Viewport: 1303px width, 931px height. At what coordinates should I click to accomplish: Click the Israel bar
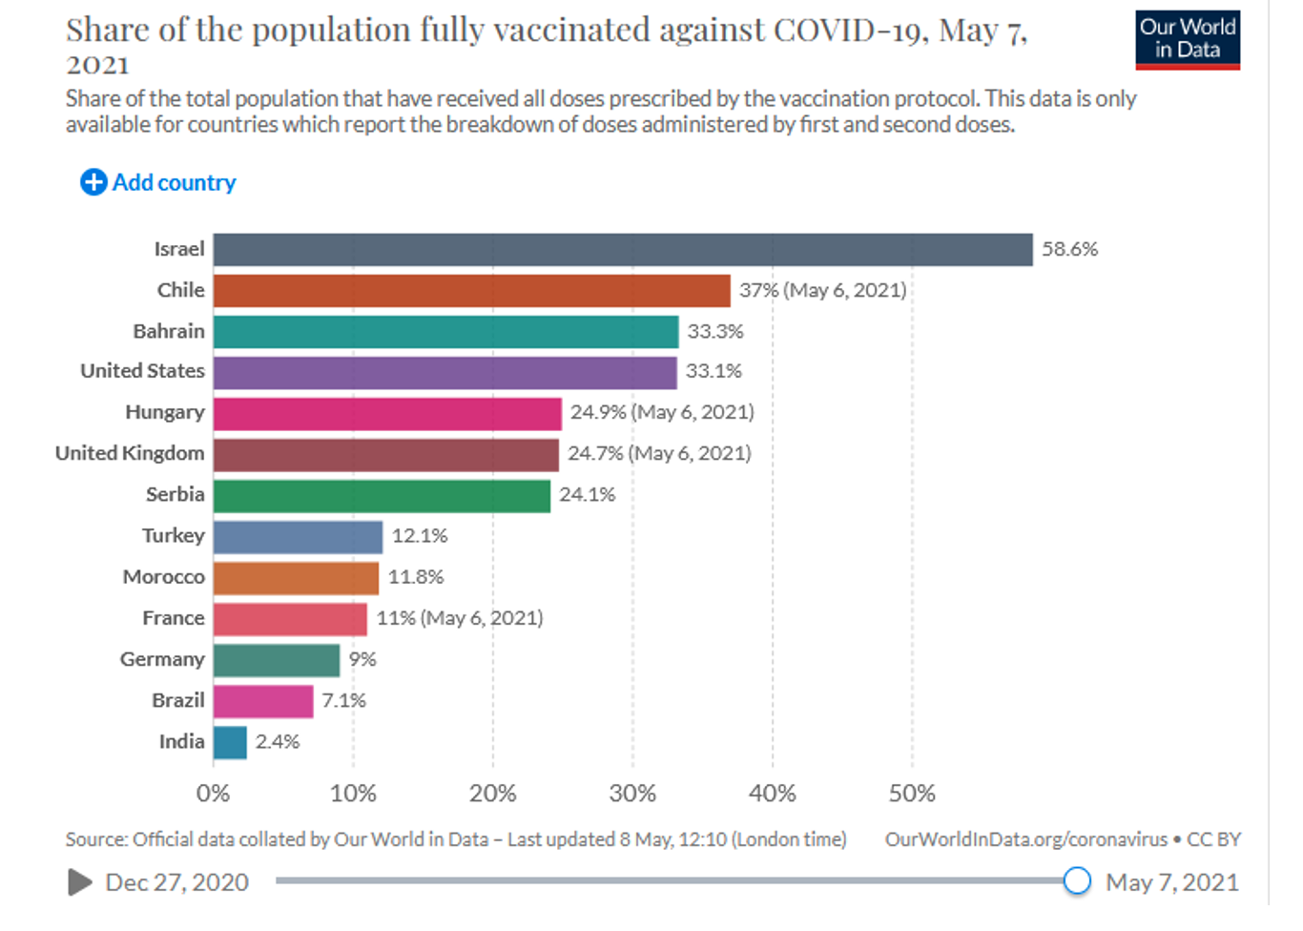[x=622, y=250]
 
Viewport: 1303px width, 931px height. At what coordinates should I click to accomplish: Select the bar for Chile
[x=471, y=291]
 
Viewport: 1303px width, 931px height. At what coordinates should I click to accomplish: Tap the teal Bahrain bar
[x=445, y=332]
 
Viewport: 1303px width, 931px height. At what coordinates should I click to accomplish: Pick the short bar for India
[x=230, y=742]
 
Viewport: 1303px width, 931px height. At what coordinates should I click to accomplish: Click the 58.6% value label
[x=1069, y=250]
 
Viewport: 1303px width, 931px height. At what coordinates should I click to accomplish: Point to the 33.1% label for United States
[x=714, y=371]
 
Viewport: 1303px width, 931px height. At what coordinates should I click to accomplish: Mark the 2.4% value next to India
[x=278, y=742]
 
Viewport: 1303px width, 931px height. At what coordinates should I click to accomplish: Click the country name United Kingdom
[x=130, y=453]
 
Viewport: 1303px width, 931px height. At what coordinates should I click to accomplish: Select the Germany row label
[x=162, y=659]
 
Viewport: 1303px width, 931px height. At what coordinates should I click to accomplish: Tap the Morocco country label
[x=163, y=577]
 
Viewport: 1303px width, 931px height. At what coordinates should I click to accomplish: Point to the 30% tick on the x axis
[x=632, y=794]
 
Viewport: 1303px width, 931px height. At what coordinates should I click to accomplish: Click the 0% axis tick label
[x=213, y=794]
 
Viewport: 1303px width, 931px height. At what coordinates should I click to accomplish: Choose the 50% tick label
[x=912, y=794]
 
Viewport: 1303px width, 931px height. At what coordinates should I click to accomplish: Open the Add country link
[x=174, y=182]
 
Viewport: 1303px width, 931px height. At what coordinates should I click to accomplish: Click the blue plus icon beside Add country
[x=93, y=182]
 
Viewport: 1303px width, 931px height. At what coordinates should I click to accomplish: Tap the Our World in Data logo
[x=1188, y=40]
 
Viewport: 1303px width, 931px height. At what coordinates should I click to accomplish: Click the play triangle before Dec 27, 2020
[x=80, y=882]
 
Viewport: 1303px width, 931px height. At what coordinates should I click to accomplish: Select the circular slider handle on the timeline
[x=1077, y=880]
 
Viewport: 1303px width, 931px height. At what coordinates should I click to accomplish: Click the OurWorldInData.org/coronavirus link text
[x=1025, y=839]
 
